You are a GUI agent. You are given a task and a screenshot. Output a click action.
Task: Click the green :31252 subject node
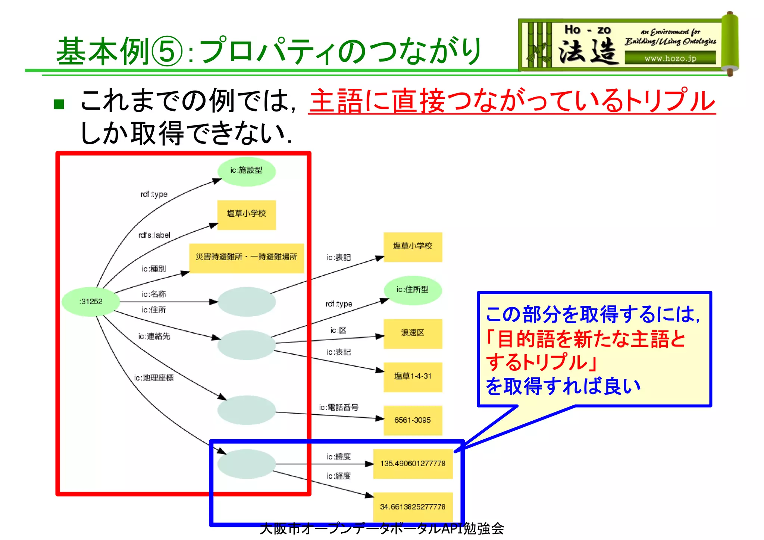click(91, 301)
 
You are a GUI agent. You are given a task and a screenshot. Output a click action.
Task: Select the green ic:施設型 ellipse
click(246, 171)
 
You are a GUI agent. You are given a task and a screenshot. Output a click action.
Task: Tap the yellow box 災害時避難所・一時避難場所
click(246, 257)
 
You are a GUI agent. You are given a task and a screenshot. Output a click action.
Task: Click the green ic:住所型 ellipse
click(413, 290)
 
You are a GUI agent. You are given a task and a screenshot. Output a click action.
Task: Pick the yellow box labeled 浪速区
click(413, 333)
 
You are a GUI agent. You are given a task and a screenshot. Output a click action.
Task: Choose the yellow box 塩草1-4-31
click(413, 376)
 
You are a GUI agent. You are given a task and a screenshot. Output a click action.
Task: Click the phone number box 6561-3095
click(413, 420)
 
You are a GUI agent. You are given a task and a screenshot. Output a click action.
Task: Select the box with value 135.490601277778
click(413, 464)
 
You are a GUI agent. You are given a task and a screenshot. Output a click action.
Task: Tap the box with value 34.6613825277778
click(413, 507)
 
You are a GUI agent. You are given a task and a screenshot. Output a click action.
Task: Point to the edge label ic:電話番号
click(338, 407)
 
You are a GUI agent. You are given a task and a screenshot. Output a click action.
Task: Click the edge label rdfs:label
click(154, 235)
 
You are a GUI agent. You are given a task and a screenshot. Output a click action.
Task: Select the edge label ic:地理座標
click(154, 378)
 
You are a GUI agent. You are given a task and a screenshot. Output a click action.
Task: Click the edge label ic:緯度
click(339, 457)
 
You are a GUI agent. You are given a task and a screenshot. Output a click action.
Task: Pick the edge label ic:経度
click(339, 476)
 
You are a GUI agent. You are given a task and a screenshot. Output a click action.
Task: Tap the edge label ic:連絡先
click(154, 336)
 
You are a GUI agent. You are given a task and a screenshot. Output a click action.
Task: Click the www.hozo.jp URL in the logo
click(670, 59)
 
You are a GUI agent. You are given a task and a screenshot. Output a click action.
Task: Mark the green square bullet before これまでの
click(59, 104)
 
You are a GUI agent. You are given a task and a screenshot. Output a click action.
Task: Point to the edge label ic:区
click(338, 330)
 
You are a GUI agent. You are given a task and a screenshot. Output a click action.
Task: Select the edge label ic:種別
click(154, 269)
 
